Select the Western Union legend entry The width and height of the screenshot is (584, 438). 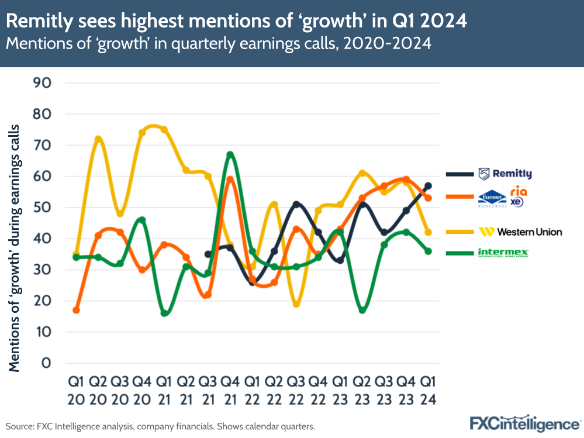520,232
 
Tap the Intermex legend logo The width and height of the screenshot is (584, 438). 503,253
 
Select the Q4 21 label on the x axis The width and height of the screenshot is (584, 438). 230,391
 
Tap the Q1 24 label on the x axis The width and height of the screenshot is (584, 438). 428,391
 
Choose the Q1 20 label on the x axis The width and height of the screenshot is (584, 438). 76,391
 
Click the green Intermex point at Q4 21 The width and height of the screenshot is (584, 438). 230,154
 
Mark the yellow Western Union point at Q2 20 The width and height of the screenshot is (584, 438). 98,139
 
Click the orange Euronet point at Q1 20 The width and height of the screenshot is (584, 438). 76,310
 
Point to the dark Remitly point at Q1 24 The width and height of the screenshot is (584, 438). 428,186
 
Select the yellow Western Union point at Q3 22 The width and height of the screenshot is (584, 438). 296,304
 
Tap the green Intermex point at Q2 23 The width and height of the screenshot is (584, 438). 362,310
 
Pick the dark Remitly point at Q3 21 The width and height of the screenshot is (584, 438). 208,254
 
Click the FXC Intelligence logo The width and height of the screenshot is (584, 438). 524,423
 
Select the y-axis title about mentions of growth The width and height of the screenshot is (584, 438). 15,248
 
